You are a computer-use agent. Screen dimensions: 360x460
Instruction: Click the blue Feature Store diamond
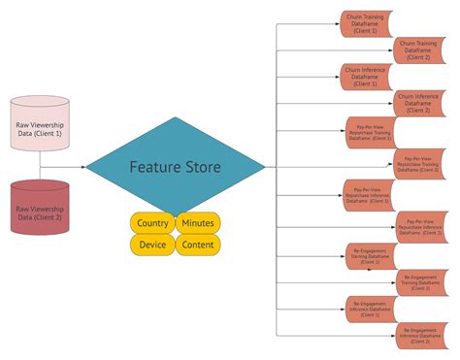175,167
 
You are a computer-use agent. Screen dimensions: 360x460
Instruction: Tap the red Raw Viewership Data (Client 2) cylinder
40,208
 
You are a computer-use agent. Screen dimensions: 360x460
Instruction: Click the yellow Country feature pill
152,223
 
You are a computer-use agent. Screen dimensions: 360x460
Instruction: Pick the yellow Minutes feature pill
198,223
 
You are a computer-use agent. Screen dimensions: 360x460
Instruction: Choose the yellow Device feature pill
152,245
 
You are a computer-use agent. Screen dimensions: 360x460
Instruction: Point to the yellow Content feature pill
198,245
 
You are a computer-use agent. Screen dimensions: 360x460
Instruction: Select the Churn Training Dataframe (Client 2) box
420,49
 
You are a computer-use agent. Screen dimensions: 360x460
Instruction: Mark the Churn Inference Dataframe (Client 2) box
420,103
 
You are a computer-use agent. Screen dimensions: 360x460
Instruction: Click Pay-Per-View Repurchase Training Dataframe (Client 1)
370,132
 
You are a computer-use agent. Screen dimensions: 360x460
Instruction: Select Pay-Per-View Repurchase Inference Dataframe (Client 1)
370,193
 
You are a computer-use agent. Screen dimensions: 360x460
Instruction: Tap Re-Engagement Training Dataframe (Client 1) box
370,255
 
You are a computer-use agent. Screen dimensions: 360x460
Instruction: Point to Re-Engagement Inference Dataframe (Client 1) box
370,309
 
